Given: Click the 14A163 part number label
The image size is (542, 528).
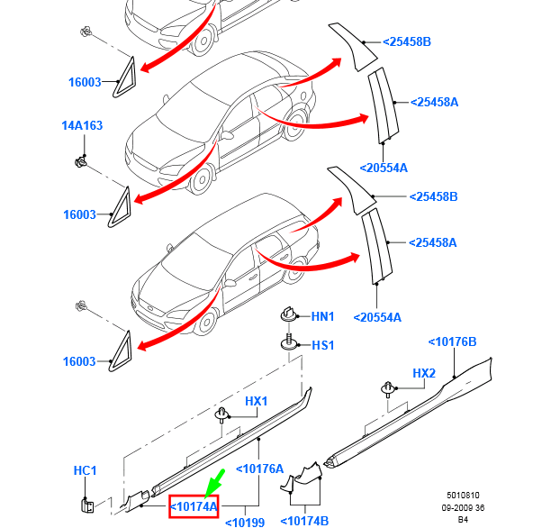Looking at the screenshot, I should coord(81,125).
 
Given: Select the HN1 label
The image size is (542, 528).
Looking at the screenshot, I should coord(322,317).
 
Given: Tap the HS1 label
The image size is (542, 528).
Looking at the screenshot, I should coord(322,345).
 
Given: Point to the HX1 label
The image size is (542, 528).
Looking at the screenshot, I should coord(257,401).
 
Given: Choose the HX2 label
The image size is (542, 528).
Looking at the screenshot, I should coord(424,373).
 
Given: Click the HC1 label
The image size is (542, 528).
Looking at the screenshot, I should coord(85,470).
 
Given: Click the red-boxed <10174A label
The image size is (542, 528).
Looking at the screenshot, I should coord(194,506).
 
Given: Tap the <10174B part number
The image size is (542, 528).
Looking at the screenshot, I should coord(304,521).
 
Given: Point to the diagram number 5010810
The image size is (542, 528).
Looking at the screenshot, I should coord(463,496).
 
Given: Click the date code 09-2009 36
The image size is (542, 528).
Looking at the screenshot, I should coord(463,507).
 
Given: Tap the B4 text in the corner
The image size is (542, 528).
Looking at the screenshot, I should coord(463,519).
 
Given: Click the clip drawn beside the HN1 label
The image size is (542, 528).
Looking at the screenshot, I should coord(288,315).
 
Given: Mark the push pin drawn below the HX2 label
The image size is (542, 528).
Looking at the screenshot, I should coord(388,389).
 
